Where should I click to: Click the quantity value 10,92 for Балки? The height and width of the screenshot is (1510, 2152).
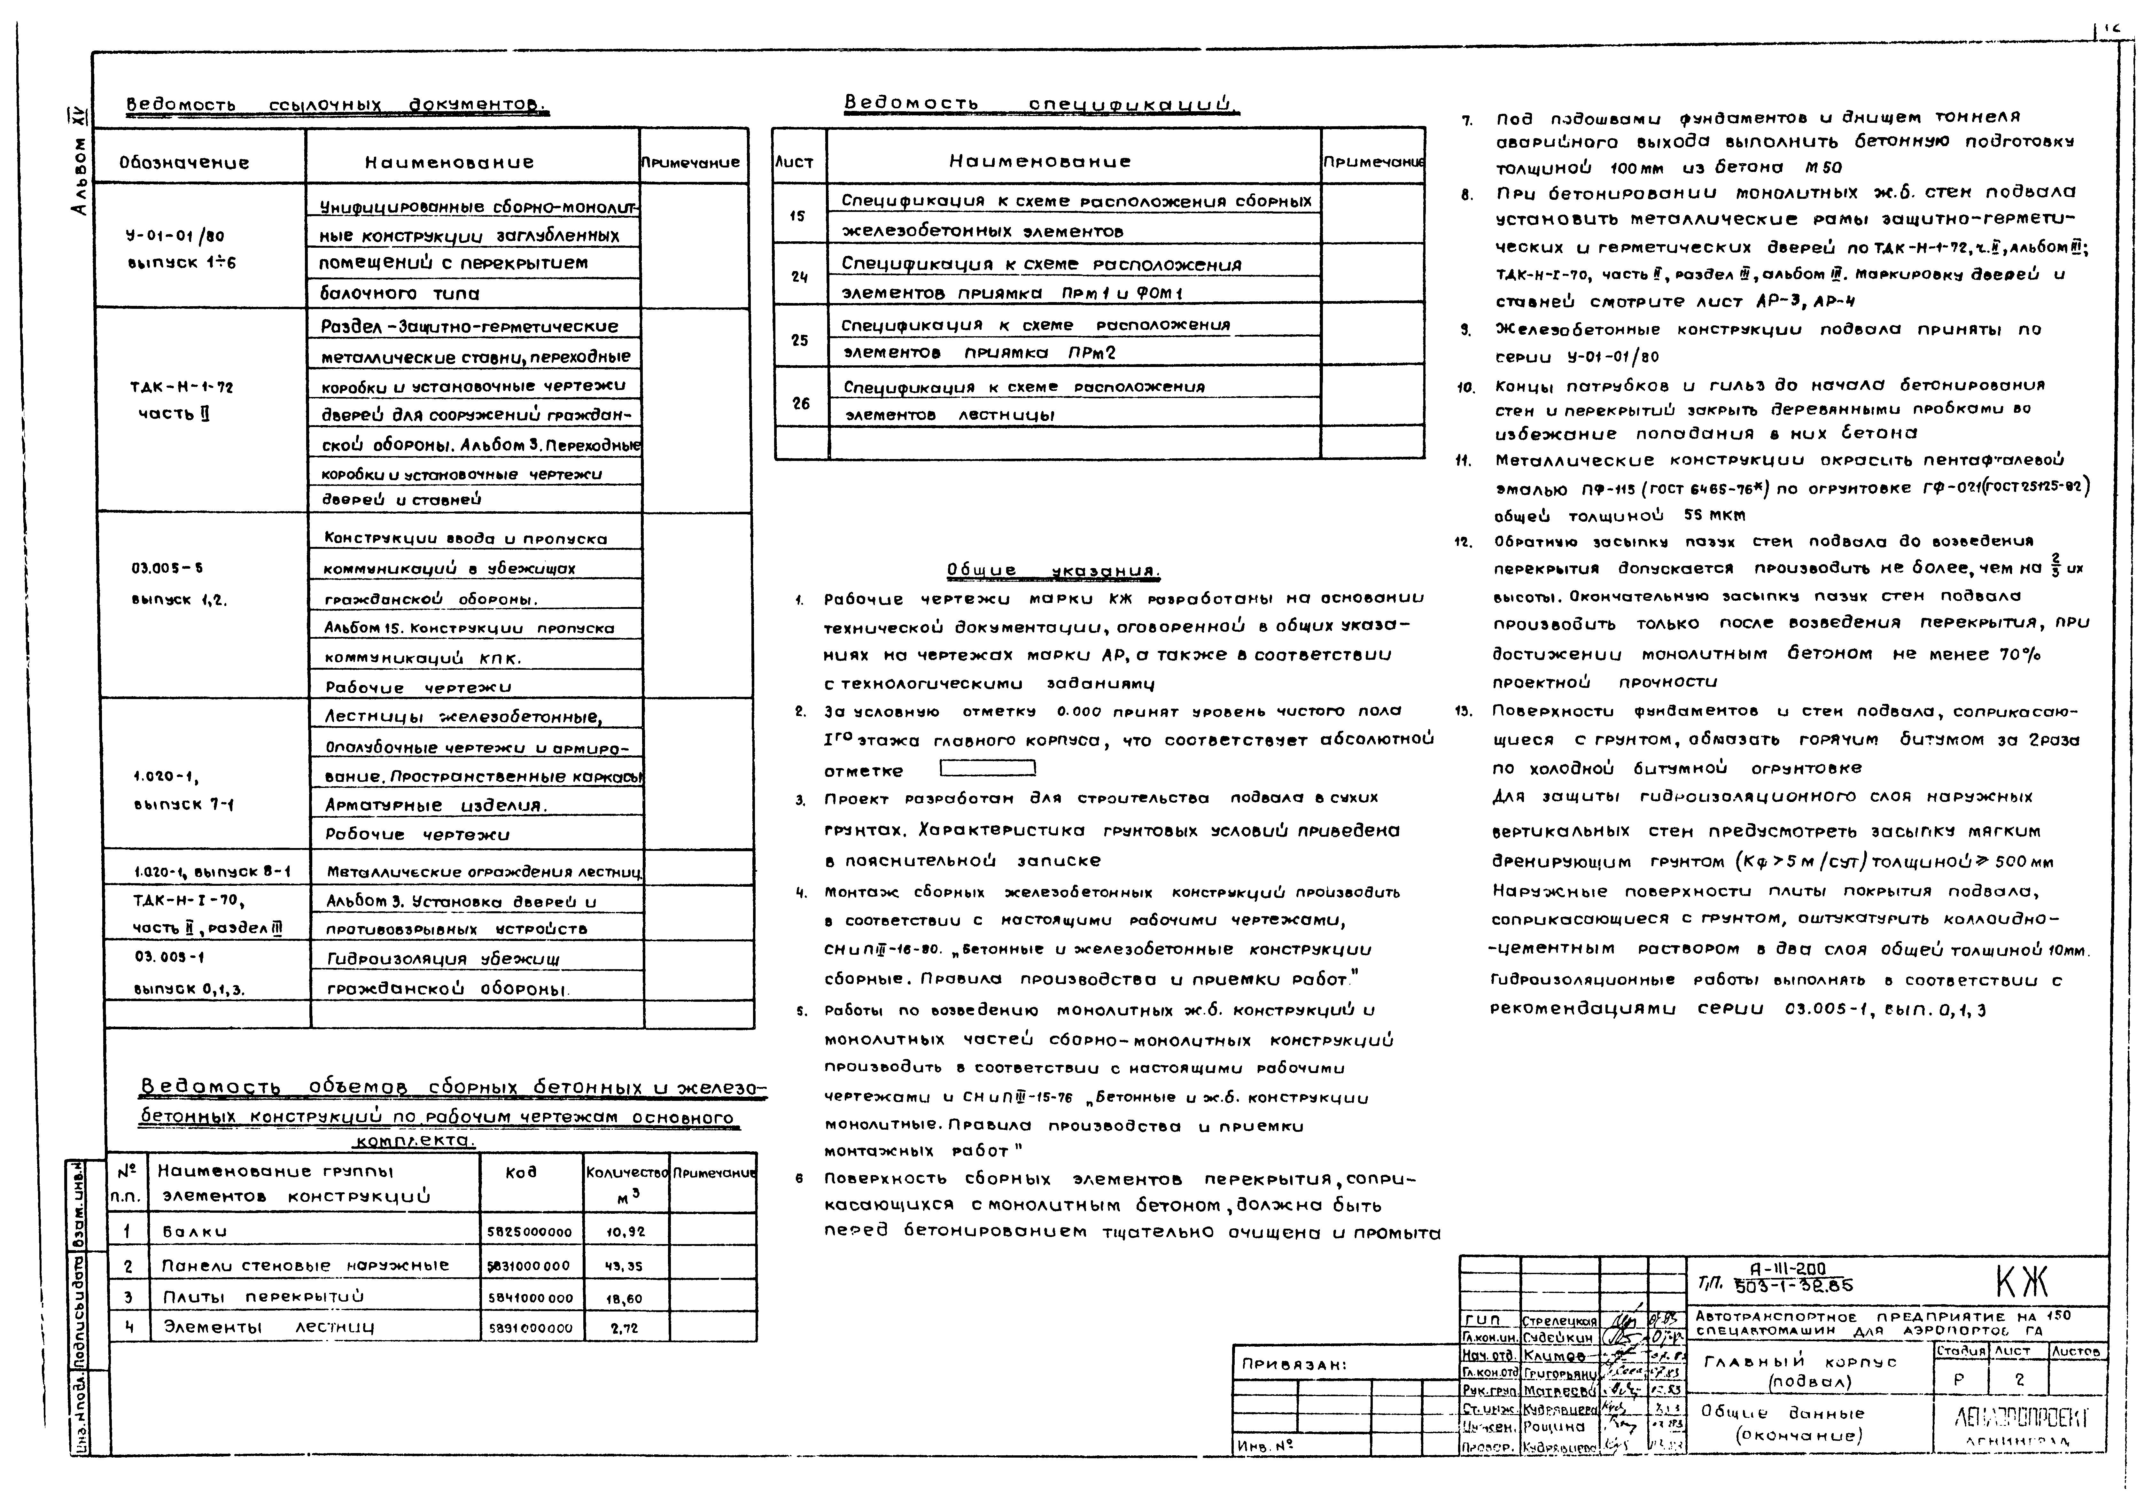click(625, 1232)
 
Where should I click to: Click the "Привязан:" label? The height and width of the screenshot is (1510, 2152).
click(1294, 1365)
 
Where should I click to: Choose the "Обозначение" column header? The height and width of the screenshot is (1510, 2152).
click(184, 162)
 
